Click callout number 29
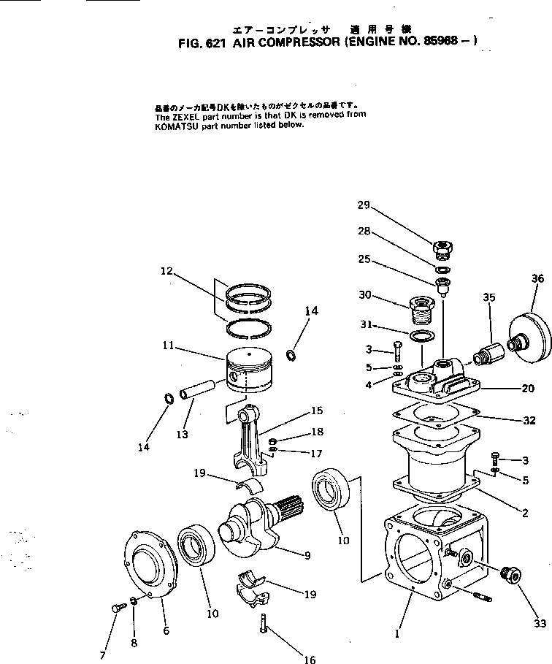[364, 205]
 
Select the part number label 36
[537, 278]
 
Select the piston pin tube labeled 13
[200, 386]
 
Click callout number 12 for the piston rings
[166, 272]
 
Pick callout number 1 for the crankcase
[396, 634]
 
